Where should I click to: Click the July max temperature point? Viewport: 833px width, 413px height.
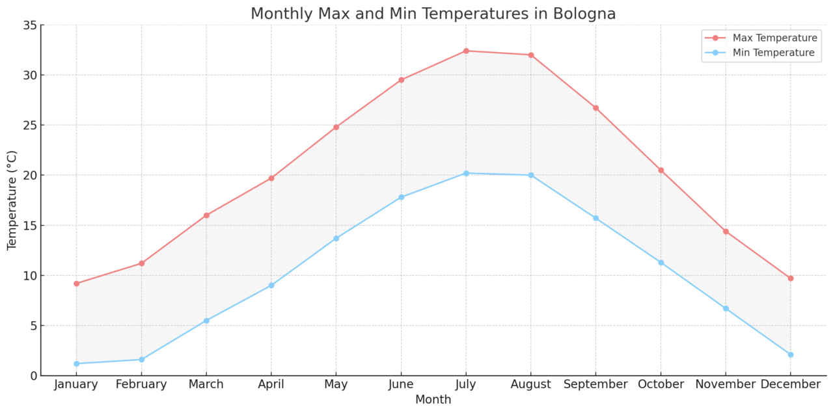tap(466, 51)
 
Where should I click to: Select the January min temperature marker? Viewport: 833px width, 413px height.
tap(76, 364)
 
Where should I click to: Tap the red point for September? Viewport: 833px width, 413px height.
tap(595, 108)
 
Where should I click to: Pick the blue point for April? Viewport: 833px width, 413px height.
tap(271, 286)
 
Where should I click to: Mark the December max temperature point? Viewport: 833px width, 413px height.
tap(791, 278)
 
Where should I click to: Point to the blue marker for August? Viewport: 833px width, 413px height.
tap(531, 175)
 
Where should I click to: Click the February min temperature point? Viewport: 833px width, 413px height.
tap(141, 360)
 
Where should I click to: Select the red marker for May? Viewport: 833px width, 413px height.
tap(336, 127)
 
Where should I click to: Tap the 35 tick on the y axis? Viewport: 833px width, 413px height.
tap(29, 25)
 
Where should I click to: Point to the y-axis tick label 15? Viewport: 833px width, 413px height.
tap(29, 226)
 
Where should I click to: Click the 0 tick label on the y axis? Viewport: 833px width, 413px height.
tap(32, 376)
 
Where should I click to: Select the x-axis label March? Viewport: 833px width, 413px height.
tap(206, 384)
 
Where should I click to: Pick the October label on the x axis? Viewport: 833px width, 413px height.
tap(661, 384)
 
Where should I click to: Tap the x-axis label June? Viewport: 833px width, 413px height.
tap(401, 384)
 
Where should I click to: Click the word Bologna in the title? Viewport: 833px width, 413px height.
tap(581, 14)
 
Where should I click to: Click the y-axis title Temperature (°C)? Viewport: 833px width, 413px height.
tap(12, 200)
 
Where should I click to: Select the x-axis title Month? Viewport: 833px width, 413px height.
tap(433, 400)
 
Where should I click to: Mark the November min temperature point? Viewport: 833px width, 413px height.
tap(726, 308)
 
